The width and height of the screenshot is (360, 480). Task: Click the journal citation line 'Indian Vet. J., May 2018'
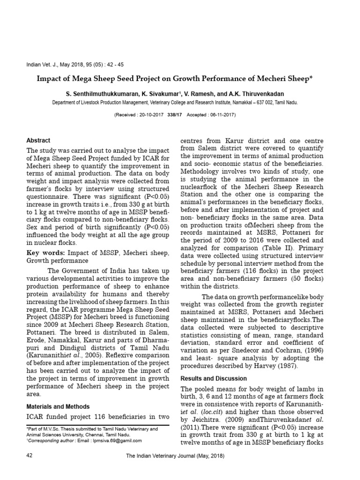coord(75,65)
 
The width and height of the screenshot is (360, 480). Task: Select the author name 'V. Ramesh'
coord(199,94)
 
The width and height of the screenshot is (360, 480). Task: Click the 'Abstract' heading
coord(38,141)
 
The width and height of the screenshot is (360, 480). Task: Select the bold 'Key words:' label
coord(46,253)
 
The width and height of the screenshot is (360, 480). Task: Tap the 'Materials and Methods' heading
coord(58,406)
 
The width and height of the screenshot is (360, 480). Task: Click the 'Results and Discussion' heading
coord(213,378)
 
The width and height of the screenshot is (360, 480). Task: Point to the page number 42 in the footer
coord(30,456)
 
